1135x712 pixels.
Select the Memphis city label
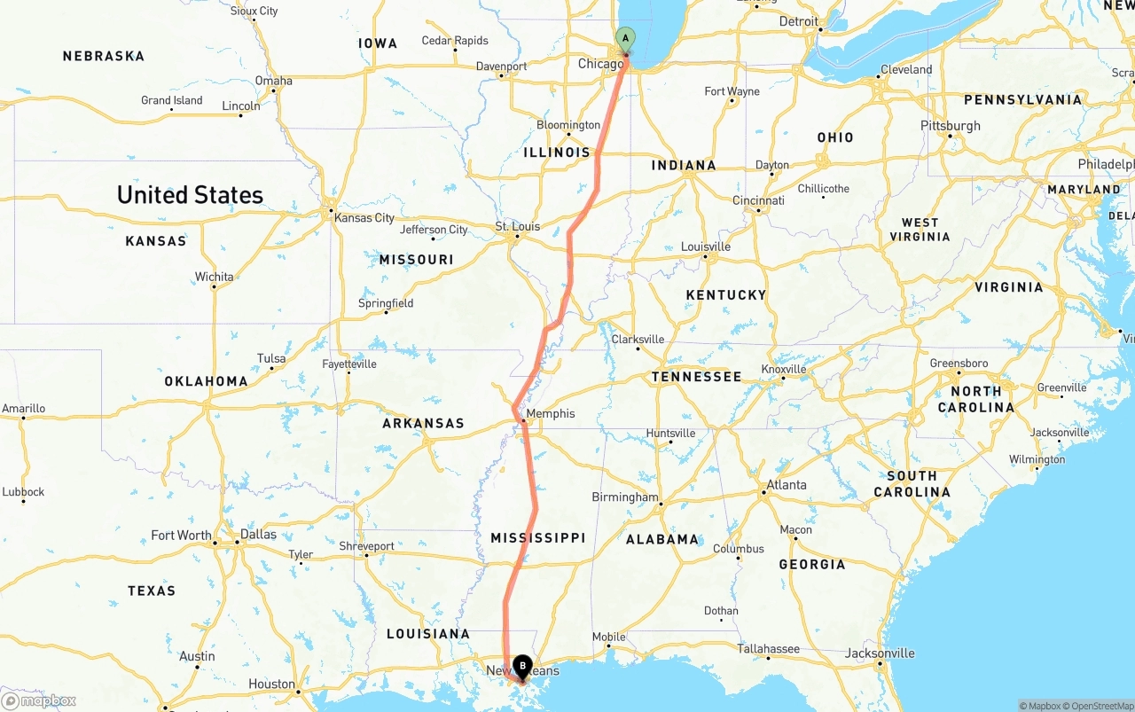pyautogui.click(x=550, y=413)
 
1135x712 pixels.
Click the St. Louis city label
pyautogui.click(x=518, y=227)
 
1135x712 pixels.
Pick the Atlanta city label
pyautogui.click(x=787, y=485)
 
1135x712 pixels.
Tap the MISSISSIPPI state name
pyautogui.click(x=538, y=537)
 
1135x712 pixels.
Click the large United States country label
pyautogui.click(x=190, y=195)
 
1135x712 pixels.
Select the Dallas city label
pyautogui.click(x=258, y=535)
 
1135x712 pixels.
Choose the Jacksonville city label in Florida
pyautogui.click(x=880, y=653)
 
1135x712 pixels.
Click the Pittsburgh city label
pyautogui.click(x=951, y=126)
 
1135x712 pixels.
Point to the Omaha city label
pyautogui.click(x=273, y=81)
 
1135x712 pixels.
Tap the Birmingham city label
pyautogui.click(x=625, y=497)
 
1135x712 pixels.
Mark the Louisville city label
pyautogui.click(x=706, y=246)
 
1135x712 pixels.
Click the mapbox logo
pyautogui.click(x=40, y=701)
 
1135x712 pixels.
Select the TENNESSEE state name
pyautogui.click(x=696, y=377)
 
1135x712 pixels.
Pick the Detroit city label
pyautogui.click(x=799, y=21)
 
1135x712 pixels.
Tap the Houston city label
pyautogui.click(x=271, y=684)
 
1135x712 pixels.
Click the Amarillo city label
pyautogui.click(x=23, y=409)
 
